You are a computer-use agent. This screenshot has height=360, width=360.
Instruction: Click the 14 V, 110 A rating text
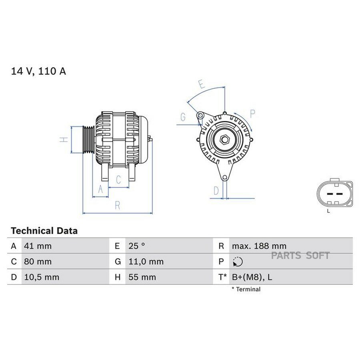[x=38, y=72]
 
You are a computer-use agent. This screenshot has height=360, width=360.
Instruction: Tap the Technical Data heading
[x=44, y=231]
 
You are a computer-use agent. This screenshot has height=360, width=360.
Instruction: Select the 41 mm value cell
[x=38, y=246]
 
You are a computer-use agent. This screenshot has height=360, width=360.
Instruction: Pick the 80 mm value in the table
[x=38, y=262]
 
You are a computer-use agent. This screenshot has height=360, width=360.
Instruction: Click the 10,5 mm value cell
[x=41, y=277]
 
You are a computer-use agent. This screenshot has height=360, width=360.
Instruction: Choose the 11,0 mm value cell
[x=146, y=262]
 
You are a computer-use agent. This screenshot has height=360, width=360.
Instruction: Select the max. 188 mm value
[x=259, y=246]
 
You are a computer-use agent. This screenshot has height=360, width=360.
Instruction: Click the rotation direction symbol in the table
[x=237, y=262]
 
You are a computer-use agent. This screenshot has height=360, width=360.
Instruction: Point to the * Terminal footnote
[x=246, y=289]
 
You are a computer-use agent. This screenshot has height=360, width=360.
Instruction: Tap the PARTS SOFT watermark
[x=300, y=256]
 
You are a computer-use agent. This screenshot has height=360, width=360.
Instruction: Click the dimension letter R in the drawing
[x=118, y=205]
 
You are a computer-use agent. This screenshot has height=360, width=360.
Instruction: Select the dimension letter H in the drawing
[x=63, y=140]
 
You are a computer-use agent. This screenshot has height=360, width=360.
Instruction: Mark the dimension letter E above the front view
[x=201, y=84]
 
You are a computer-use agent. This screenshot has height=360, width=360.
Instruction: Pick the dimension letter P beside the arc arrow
[x=252, y=114]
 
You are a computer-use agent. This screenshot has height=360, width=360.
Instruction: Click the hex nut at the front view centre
[x=224, y=140]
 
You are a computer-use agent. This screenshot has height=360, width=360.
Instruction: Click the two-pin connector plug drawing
[x=335, y=194]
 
